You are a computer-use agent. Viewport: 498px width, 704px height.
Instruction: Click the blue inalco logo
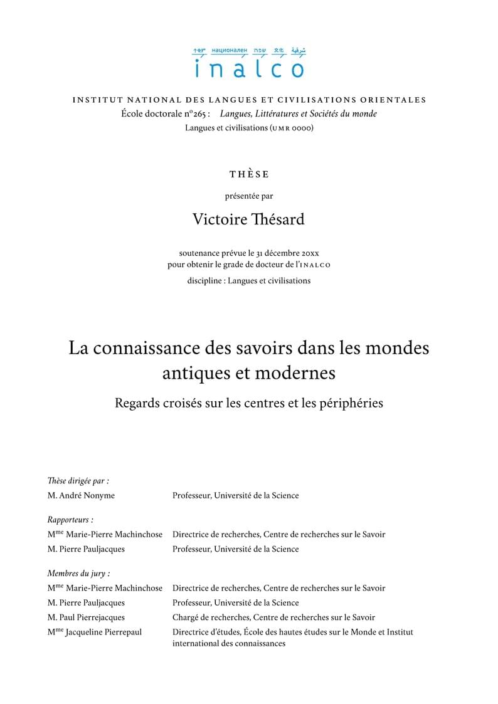249,63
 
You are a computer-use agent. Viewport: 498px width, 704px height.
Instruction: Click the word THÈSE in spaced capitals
249,174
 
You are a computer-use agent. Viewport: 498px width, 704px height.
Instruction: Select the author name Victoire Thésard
249,219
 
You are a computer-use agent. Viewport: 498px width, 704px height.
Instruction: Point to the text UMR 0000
291,128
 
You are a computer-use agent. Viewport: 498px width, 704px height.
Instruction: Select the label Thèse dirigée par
78,481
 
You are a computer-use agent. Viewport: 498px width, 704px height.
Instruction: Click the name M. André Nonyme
81,495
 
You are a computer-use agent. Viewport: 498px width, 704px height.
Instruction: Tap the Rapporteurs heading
70,520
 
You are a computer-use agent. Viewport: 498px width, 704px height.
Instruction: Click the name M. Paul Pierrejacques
86,617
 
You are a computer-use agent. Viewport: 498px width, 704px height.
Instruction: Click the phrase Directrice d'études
204,632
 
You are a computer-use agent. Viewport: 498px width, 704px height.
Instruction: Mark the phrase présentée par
249,196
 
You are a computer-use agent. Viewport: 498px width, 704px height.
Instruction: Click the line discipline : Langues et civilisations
249,280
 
